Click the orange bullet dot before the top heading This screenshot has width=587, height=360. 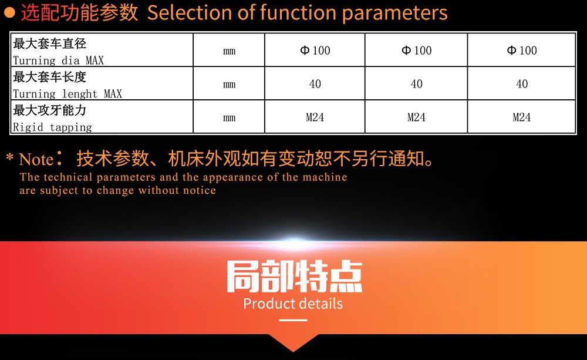(9, 13)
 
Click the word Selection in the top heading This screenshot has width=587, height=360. (190, 12)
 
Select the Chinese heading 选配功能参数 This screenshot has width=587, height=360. (79, 12)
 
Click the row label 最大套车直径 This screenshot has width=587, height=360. (50, 43)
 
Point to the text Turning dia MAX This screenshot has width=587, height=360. (58, 60)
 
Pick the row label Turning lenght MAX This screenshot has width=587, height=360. (68, 93)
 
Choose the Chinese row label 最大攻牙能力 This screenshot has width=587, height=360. (50, 110)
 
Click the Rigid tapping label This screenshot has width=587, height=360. (52, 127)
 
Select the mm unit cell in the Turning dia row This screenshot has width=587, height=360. (229, 51)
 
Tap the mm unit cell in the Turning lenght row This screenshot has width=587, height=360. (229, 85)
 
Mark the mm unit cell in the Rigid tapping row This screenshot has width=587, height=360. (229, 117)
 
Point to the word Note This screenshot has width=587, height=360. (36, 159)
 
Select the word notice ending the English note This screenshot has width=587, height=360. (200, 190)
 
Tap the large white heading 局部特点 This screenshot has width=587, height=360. (294, 277)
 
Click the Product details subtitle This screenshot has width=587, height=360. (293, 304)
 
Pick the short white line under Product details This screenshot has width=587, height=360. (293, 320)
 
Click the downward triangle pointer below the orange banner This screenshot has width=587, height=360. (293, 342)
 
